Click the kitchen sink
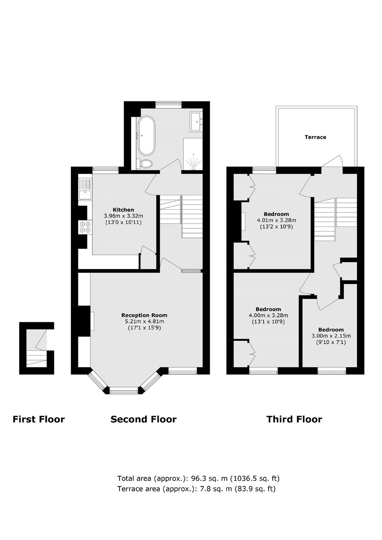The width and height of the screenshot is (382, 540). pyautogui.click(x=85, y=189)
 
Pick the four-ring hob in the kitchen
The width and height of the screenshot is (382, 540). pyautogui.click(x=85, y=227)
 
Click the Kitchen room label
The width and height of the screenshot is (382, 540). pyautogui.click(x=124, y=210)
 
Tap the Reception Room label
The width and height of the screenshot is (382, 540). pyautogui.click(x=144, y=315)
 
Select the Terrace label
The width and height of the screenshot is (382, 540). pyautogui.click(x=315, y=137)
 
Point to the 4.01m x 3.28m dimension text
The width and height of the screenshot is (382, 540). pyautogui.click(x=276, y=220)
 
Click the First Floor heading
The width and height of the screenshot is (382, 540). pyautogui.click(x=39, y=419)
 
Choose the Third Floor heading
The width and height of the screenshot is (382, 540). pyautogui.click(x=294, y=419)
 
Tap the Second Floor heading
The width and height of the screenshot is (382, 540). pyautogui.click(x=143, y=419)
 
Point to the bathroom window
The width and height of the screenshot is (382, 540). pyautogui.click(x=168, y=104)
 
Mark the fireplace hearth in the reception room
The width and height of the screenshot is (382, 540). pyautogui.click(x=92, y=321)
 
